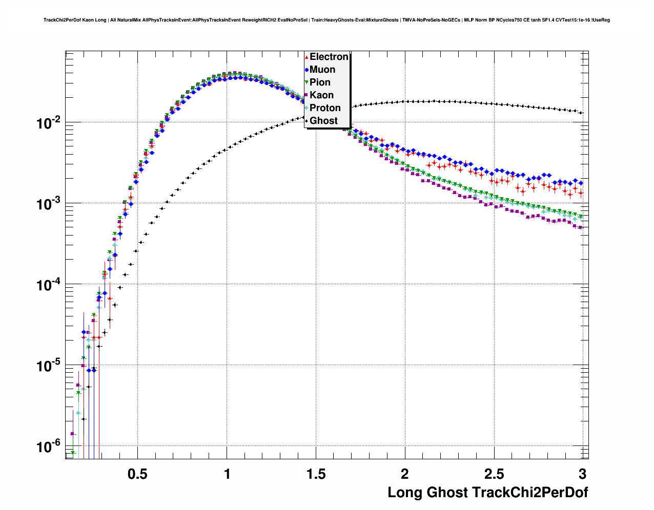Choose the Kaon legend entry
coord(321,95)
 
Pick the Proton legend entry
coord(325,108)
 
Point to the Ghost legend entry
coord(323,121)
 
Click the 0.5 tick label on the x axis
coord(137,474)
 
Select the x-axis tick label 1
coord(227,474)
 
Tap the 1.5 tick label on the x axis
coord(316,474)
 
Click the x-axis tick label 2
coord(405,474)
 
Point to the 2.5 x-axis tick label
coord(494,474)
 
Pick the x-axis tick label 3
coord(582,474)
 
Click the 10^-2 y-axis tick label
coord(49,123)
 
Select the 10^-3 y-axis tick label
coord(49,204)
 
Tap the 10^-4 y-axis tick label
coord(49,285)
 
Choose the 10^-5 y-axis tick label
coord(49,366)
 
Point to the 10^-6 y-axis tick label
coord(49,447)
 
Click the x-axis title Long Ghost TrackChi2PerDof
coord(487,493)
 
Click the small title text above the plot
coord(326,20)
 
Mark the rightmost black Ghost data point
coord(581,113)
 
